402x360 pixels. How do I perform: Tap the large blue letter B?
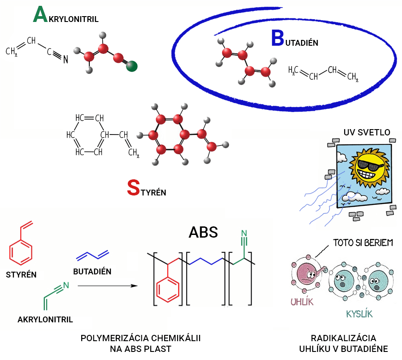(x=277, y=39)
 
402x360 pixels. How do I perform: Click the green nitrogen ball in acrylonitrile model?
(x=131, y=67)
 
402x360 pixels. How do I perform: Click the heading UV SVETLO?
(x=367, y=132)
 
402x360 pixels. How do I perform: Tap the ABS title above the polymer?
(x=203, y=232)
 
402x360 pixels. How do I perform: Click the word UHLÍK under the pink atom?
(x=301, y=301)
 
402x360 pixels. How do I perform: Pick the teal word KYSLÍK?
(x=359, y=313)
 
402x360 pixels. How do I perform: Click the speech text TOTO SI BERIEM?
(x=363, y=243)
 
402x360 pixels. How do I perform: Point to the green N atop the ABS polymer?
(x=244, y=233)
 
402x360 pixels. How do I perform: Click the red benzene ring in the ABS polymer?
(x=168, y=289)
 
